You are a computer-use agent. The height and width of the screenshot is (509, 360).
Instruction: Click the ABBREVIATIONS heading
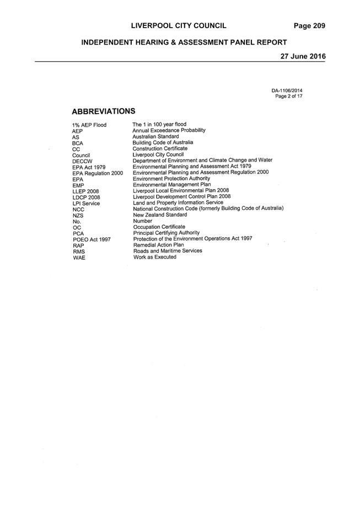[x=104, y=111]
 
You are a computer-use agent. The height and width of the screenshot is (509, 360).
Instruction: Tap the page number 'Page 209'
[x=309, y=26]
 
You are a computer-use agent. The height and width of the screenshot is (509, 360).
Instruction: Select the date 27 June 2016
[x=303, y=56]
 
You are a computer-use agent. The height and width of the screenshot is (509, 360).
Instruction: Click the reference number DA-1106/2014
[x=287, y=91]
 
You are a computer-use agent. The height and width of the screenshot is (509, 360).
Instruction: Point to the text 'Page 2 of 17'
[x=289, y=97]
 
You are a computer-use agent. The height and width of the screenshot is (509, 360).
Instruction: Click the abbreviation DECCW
[x=83, y=162]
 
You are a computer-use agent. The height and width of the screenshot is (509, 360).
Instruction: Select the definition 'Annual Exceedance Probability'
[x=169, y=130]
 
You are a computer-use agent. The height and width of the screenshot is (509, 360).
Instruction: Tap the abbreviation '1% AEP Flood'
[x=89, y=125]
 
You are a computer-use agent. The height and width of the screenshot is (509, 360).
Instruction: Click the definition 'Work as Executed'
[x=155, y=257]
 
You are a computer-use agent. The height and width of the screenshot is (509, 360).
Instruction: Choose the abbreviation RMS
[x=79, y=251]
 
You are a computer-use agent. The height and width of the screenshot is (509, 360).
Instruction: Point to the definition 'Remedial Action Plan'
[x=158, y=245]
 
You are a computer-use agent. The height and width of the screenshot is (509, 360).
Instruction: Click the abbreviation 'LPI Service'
[x=87, y=203]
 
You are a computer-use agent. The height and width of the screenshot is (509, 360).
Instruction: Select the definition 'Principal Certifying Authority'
[x=166, y=233]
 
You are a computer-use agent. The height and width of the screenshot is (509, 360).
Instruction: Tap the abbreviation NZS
[x=78, y=216]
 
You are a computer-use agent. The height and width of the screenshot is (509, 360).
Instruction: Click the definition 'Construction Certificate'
[x=160, y=148]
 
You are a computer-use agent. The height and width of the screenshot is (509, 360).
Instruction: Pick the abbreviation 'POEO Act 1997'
[x=92, y=239]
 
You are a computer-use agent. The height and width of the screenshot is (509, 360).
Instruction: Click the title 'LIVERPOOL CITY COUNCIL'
[x=179, y=26]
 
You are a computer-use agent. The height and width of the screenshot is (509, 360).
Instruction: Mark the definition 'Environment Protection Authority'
[x=171, y=179]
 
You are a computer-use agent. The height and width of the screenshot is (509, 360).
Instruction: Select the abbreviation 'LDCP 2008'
[x=87, y=197]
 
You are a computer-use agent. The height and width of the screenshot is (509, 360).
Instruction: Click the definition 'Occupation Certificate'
[x=159, y=227]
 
